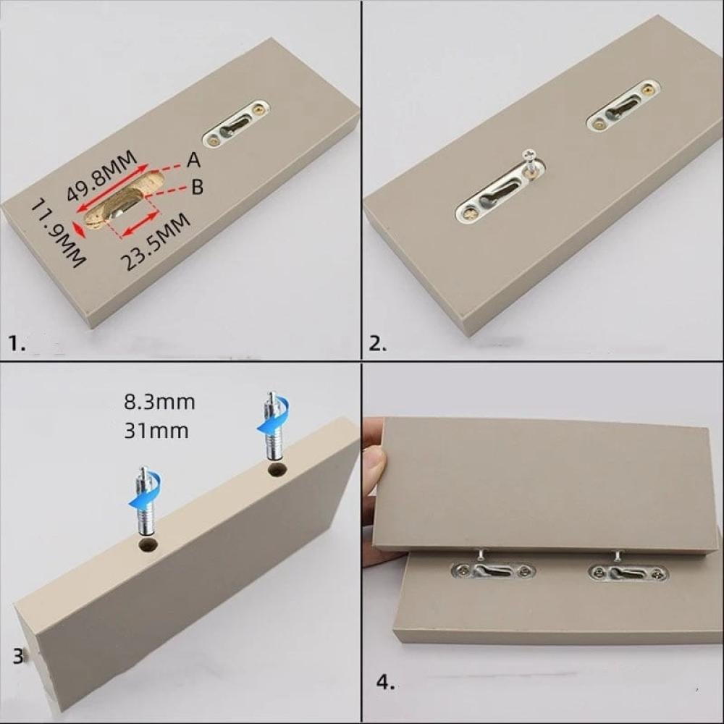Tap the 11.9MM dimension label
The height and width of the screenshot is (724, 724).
tap(58, 233)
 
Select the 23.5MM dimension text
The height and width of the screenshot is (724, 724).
tap(155, 242)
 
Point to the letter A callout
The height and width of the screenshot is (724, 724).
tap(194, 160)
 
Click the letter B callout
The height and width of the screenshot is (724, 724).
tap(197, 187)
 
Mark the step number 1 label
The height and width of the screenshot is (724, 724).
tap(17, 343)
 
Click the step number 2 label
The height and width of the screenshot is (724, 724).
tap(378, 344)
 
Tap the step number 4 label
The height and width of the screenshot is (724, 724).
tap(386, 683)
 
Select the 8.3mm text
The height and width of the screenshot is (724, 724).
tap(159, 402)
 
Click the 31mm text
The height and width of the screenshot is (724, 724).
tap(156, 431)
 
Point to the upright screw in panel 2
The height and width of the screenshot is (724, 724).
tap(530, 163)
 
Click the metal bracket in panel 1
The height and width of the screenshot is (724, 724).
tap(236, 125)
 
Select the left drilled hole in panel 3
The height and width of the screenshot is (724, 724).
tap(148, 545)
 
